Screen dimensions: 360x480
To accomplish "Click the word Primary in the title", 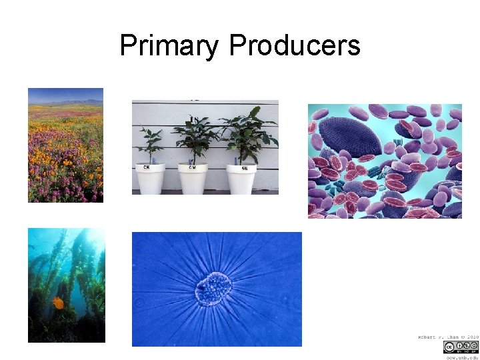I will point(169,46).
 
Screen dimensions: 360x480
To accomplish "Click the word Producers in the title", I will point(294,46).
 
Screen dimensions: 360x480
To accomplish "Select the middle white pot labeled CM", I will point(193,178).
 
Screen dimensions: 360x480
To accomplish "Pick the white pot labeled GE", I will point(239,178).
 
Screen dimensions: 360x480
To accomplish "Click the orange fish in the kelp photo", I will point(59,303).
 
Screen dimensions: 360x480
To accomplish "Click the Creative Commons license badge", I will point(459,347).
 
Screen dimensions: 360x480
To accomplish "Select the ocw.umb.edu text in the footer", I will point(461,357).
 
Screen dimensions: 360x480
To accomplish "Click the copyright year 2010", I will point(472,337).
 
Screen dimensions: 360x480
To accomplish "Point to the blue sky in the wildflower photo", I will point(65,94).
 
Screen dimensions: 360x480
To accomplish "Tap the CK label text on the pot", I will point(145,168).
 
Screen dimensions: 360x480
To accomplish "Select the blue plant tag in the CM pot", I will point(191,160).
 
